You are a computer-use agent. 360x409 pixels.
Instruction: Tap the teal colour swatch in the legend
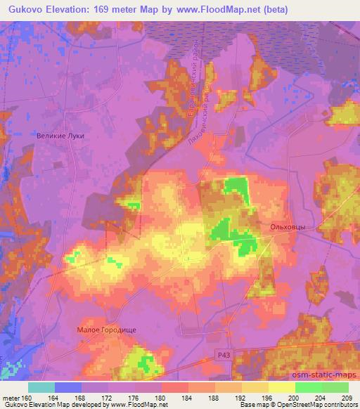(41, 387)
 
